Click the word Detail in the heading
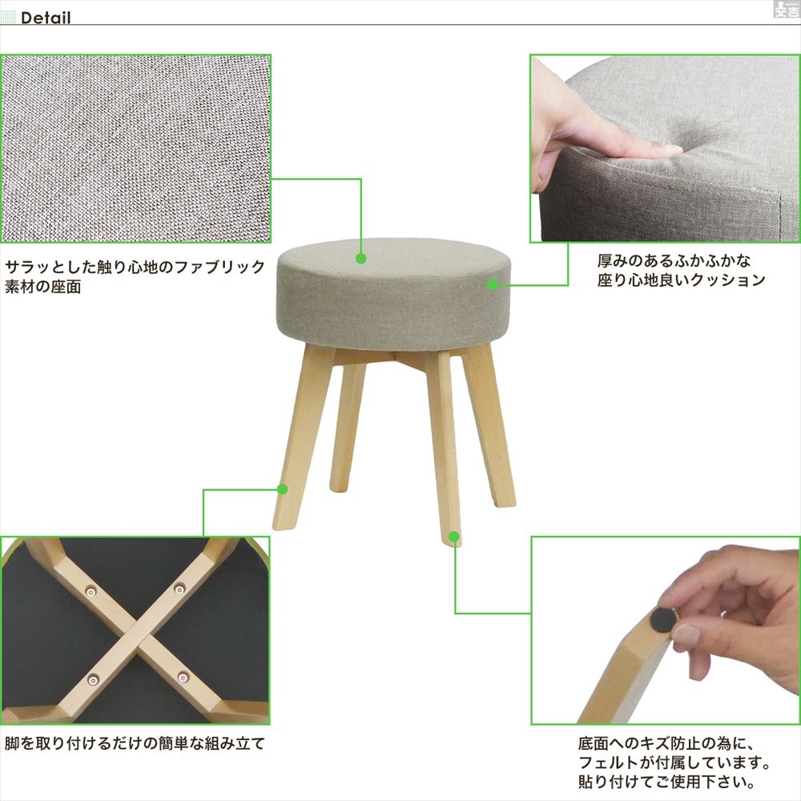pyautogui.click(x=46, y=18)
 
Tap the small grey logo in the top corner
pyautogui.click(x=785, y=10)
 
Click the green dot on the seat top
pyautogui.click(x=361, y=259)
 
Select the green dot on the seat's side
pyautogui.click(x=493, y=284)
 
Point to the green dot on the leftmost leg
pyautogui.click(x=282, y=489)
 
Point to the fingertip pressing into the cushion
pyautogui.click(x=669, y=150)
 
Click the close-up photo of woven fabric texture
pyautogui.click(x=136, y=149)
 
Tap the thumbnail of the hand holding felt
pyautogui.click(x=665, y=631)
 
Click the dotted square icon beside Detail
pyautogui.click(x=9, y=18)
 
